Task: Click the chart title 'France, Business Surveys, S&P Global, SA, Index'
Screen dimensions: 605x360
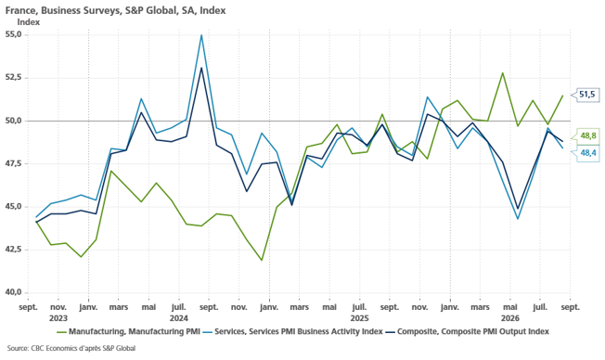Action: coord(115,10)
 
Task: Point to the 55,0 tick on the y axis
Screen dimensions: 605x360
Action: coord(13,34)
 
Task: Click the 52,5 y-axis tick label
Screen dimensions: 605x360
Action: coord(13,78)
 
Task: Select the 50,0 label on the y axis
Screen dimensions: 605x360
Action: coord(13,121)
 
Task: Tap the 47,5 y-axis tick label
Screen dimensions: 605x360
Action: coord(13,163)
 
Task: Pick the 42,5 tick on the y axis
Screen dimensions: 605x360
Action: coord(13,250)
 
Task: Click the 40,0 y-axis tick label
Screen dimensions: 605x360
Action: coord(13,292)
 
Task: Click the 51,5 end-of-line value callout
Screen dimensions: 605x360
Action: coord(586,94)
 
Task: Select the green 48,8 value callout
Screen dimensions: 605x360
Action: coord(587,135)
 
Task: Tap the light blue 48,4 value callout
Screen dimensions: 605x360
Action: coord(587,153)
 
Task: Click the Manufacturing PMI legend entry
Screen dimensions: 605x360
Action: coord(128,332)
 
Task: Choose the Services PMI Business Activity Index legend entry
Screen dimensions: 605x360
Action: coord(293,332)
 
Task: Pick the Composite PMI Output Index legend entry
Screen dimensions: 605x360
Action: coord(468,332)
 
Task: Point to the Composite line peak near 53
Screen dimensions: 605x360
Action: coord(201,68)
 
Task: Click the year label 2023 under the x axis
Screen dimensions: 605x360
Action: coord(58,318)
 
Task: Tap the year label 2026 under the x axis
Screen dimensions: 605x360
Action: coord(510,318)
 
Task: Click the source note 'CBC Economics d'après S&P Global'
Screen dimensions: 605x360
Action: coord(71,349)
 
